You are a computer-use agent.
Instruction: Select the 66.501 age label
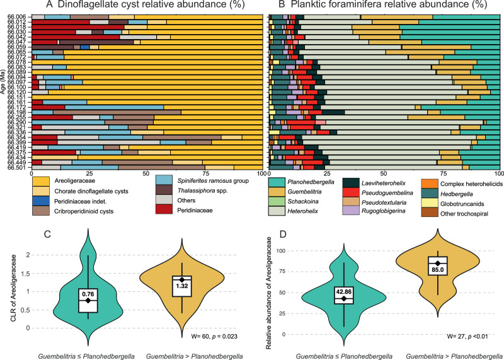point(16,167)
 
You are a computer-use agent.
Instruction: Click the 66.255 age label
point(16,117)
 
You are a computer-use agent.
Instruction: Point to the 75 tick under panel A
point(204,174)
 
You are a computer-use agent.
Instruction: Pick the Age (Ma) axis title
point(5,92)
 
